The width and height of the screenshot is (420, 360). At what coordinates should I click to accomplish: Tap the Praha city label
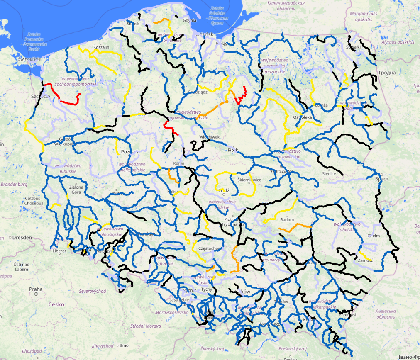[x=36, y=289]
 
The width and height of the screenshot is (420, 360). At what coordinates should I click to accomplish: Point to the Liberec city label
[x=59, y=251]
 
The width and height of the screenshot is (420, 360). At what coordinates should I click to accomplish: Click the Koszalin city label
[x=101, y=47]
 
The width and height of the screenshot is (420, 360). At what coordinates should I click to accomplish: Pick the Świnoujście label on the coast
[x=28, y=59]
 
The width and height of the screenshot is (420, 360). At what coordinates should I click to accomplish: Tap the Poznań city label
[x=129, y=152]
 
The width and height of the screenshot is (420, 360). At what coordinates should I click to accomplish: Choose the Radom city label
[x=287, y=220]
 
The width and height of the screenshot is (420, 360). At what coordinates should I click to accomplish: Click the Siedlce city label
[x=329, y=174]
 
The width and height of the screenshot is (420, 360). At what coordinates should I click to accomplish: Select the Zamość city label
[x=365, y=260]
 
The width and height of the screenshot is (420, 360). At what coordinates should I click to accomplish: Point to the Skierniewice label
[x=249, y=180]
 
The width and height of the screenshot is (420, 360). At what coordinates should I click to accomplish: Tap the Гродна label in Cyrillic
[x=387, y=73]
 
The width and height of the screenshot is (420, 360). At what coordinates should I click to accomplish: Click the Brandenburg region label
[x=14, y=185]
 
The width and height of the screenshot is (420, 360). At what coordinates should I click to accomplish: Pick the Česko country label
[x=56, y=304]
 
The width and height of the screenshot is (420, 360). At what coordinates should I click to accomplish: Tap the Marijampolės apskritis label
[x=363, y=17]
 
